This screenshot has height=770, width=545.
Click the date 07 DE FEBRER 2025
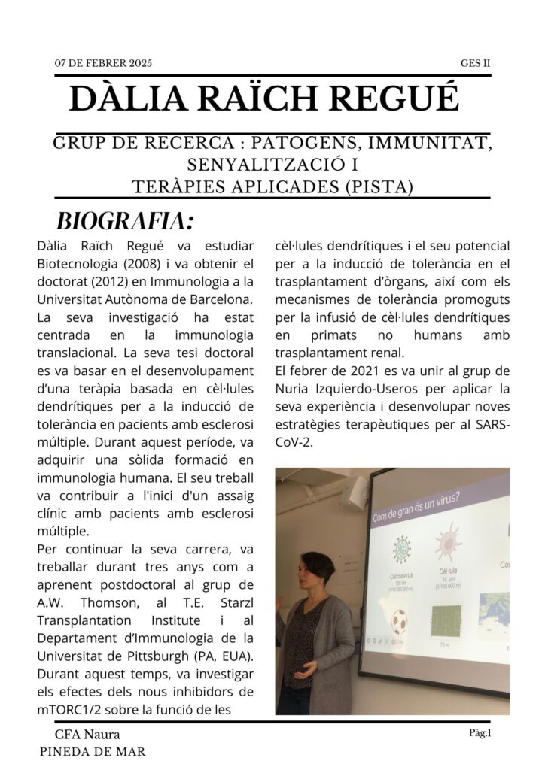tap(103, 63)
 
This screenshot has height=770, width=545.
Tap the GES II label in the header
tap(475, 63)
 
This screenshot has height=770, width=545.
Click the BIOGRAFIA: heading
tap(125, 221)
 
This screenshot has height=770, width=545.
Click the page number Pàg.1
tap(478, 733)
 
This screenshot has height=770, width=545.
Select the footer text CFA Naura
tap(87, 734)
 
